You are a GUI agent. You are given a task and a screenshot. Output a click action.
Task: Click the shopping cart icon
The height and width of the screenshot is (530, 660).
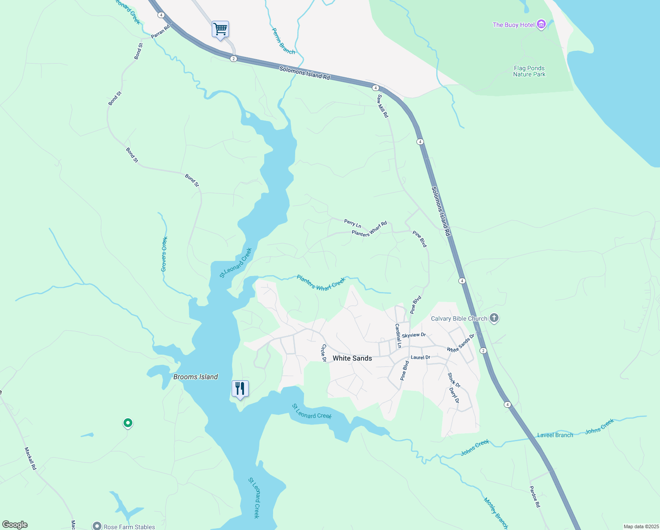[220, 30]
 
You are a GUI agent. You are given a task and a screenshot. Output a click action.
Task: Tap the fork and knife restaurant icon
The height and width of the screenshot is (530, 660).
[240, 389]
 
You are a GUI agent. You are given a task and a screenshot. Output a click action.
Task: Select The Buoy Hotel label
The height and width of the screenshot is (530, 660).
[514, 25]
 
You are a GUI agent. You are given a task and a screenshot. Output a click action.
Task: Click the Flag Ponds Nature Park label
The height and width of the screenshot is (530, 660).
[529, 71]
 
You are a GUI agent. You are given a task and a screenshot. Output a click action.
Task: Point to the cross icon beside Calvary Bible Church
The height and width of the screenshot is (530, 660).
[494, 318]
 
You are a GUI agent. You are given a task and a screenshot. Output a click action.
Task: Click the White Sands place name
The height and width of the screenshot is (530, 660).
[352, 358]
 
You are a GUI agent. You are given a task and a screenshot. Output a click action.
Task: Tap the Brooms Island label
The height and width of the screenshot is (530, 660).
[195, 377]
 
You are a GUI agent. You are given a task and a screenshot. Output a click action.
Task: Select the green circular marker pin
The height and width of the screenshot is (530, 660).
[127, 423]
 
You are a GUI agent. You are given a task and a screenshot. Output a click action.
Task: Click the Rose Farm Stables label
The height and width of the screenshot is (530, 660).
[129, 526]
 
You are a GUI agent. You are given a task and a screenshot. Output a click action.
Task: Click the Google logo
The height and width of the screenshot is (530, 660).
[15, 525]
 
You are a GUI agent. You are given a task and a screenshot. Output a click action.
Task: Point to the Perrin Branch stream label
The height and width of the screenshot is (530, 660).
[283, 42]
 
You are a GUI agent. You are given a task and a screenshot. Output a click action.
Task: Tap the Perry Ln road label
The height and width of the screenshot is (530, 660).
[352, 224]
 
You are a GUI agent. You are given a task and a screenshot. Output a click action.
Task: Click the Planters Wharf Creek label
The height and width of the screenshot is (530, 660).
[321, 283]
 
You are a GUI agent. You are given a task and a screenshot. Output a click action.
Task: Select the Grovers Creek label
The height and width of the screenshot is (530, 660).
[164, 254]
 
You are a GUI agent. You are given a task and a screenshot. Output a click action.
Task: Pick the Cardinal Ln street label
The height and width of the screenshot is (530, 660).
[398, 336]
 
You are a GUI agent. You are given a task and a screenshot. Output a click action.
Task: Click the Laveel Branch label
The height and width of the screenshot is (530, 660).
[555, 435]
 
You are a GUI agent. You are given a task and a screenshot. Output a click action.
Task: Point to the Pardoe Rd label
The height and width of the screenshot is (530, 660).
[534, 497]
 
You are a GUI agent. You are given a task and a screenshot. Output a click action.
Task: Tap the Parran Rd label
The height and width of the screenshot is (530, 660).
[161, 32]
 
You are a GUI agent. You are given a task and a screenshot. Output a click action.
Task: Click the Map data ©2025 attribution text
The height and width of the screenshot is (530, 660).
[641, 526]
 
